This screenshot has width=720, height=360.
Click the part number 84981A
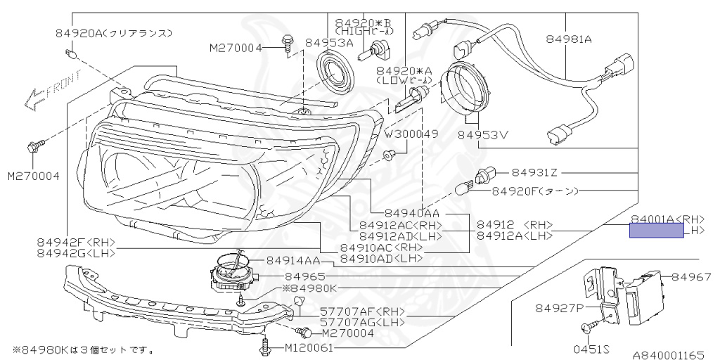click(x=569, y=40)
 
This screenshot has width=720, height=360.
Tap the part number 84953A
click(x=329, y=43)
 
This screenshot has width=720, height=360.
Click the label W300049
click(x=411, y=134)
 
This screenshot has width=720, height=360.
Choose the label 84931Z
click(x=534, y=172)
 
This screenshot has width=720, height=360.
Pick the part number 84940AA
click(x=412, y=213)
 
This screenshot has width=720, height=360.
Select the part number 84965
click(x=305, y=276)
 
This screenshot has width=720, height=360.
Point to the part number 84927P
click(x=559, y=308)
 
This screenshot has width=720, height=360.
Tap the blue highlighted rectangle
click(x=656, y=231)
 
